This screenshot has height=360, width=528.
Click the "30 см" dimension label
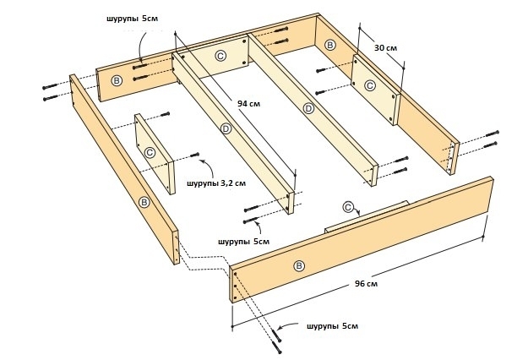(385, 48)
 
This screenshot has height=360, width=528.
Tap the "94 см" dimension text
(248, 104)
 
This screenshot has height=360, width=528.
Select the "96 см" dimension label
(366, 284)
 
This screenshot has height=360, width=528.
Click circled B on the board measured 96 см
(298, 265)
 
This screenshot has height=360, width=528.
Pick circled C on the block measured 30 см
(369, 85)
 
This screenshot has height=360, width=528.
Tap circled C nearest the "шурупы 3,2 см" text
(150, 152)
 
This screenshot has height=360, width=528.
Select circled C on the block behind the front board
(348, 206)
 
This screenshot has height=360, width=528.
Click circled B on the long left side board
(144, 202)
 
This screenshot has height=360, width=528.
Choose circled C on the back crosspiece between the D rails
(220, 55)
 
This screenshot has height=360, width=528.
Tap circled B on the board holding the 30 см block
(329, 45)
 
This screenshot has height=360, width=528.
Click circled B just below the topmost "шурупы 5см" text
(116, 80)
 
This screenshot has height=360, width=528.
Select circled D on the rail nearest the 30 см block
(308, 108)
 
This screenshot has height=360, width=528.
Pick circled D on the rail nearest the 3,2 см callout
(226, 128)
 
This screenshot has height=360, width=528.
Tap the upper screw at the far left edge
(50, 85)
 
